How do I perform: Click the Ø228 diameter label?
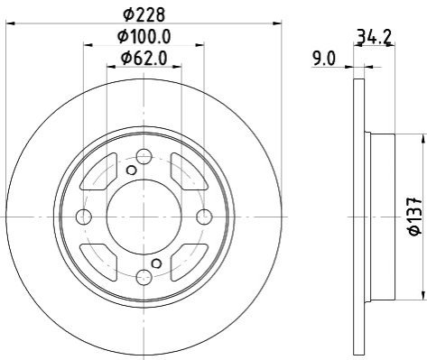coord(144,14)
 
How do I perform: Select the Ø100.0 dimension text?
coord(144,36)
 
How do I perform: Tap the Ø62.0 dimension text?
coord(144,58)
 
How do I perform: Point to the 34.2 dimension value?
coord(374,37)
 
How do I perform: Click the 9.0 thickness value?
coord(323,59)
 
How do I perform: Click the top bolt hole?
coord(144,156)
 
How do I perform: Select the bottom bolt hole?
coord(144,277)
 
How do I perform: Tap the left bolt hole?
coord(84,217)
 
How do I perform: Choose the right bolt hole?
coord(204,217)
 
